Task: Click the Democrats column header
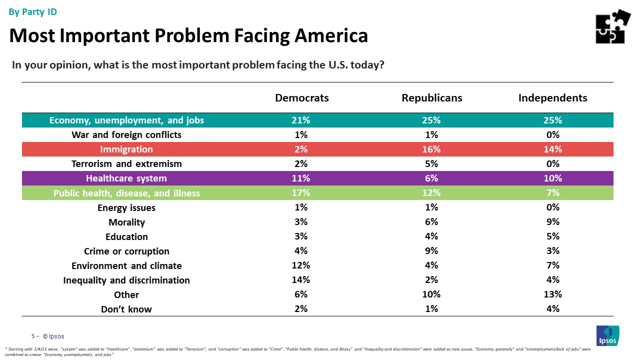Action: tap(301, 98)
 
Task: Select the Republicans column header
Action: tap(431, 98)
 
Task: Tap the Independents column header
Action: tap(552, 98)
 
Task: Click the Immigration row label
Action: tap(126, 149)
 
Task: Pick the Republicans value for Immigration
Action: tap(431, 149)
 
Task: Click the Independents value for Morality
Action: tap(553, 222)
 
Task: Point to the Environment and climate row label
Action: tap(126, 265)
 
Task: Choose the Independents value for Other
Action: tap(553, 294)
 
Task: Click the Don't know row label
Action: tap(126, 309)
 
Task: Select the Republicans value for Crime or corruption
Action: tap(431, 251)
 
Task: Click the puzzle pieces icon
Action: tap(612, 26)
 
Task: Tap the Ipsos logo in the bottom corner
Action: tap(607, 335)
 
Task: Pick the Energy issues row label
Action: tap(126, 207)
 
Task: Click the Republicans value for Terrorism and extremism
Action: tap(431, 164)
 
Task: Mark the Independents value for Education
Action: tap(553, 236)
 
